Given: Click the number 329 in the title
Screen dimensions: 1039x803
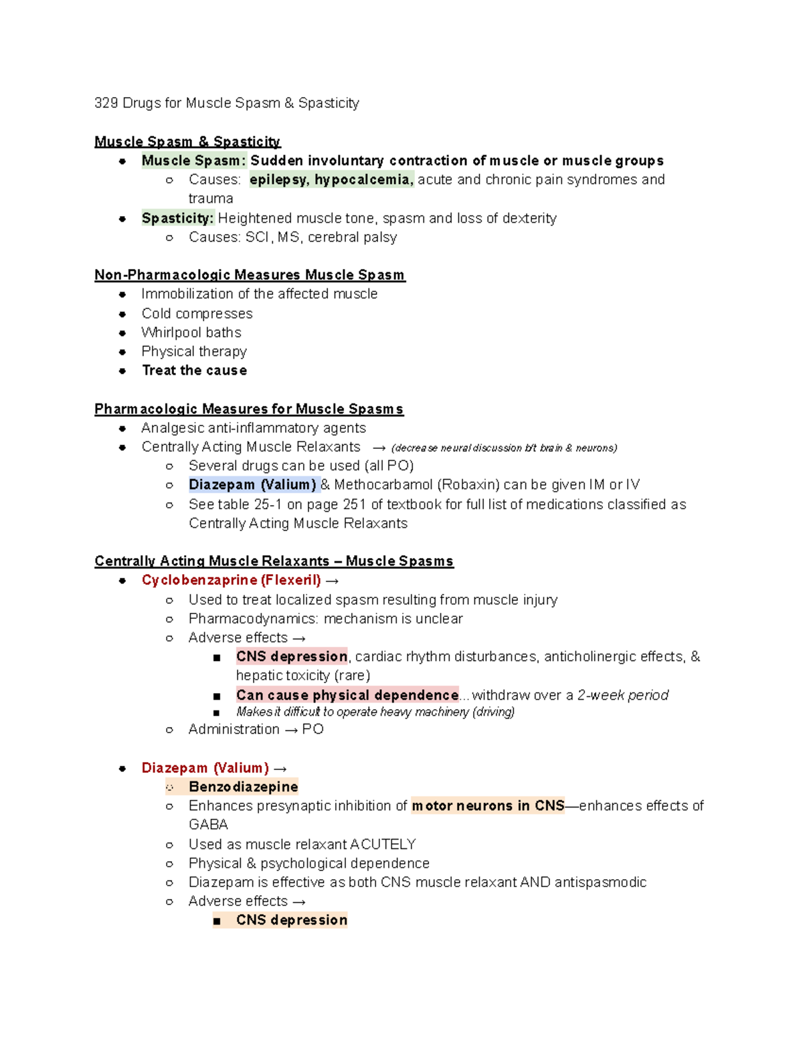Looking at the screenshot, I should [106, 103].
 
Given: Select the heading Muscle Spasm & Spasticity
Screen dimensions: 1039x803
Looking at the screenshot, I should [187, 142].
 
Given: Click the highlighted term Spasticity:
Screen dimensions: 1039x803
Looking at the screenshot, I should [177, 218].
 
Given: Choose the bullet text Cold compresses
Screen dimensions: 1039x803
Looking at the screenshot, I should [197, 314].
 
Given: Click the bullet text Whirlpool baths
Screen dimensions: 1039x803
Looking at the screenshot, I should [191, 333].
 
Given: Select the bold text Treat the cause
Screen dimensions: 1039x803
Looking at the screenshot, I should [194, 371].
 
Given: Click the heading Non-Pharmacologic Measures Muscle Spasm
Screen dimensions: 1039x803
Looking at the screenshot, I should [250, 275].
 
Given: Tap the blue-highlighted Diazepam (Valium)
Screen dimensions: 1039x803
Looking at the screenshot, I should [252, 485].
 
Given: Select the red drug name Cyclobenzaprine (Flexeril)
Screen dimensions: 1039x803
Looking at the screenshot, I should [231, 580].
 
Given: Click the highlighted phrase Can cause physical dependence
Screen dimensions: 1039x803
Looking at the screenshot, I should [347, 695].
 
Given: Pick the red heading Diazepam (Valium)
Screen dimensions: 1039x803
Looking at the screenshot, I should [205, 768].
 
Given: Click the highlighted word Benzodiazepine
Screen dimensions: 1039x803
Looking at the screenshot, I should [243, 787].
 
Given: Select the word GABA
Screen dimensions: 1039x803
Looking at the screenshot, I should [208, 825].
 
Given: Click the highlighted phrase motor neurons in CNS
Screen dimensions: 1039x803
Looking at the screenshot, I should [488, 806].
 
